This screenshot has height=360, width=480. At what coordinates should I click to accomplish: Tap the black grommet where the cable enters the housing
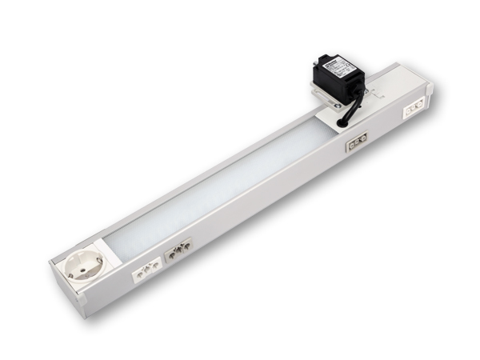tap(343, 122)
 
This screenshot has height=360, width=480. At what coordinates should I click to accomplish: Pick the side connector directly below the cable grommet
tap(356, 142)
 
